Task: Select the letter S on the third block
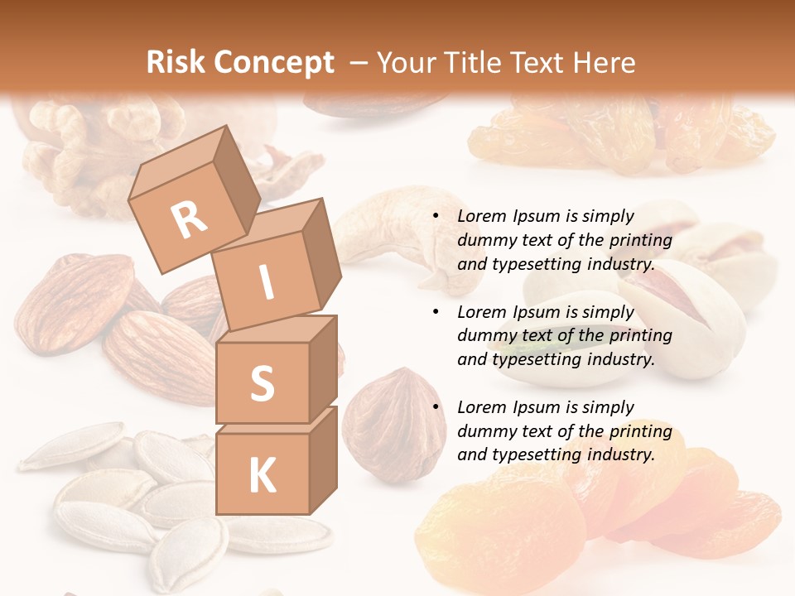click(x=262, y=383)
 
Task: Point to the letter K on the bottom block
click(x=262, y=475)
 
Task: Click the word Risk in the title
click(x=176, y=62)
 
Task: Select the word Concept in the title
click(x=273, y=62)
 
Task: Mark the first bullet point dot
click(x=435, y=217)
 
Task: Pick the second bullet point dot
click(x=435, y=312)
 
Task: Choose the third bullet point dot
click(x=435, y=407)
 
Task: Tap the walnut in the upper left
click(x=75, y=149)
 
